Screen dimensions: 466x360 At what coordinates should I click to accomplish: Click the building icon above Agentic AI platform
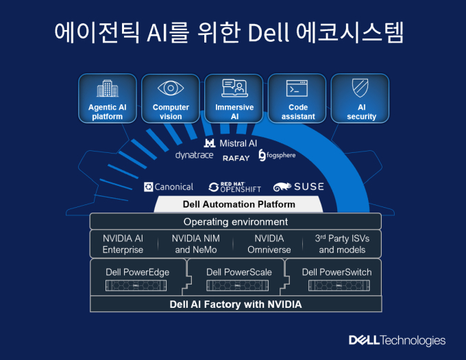point(108,88)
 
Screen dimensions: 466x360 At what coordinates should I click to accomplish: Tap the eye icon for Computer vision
point(171,88)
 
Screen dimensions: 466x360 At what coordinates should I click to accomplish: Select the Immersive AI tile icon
point(234,88)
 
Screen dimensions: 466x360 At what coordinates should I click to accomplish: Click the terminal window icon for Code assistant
point(297,88)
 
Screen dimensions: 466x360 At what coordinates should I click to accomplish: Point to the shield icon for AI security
point(360,88)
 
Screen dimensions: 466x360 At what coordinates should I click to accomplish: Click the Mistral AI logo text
point(230,143)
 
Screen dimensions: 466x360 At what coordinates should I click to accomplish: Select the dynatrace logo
point(195,155)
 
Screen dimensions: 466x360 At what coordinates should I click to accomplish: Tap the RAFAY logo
point(236,158)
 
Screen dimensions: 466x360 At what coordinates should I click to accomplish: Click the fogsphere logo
point(277,155)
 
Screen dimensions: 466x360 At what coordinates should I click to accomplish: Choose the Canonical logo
point(169,187)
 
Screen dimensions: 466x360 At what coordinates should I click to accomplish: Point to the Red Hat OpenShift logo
point(235,187)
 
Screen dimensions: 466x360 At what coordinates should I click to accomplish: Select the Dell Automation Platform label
point(239,204)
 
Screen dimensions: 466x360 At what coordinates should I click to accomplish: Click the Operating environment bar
point(236,221)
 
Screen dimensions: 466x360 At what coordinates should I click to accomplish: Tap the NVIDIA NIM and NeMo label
point(196,244)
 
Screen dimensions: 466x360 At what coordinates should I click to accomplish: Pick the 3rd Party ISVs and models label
point(342,244)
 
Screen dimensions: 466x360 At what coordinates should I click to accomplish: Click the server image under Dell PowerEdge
point(136,285)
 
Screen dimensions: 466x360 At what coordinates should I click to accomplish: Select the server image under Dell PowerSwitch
point(339,285)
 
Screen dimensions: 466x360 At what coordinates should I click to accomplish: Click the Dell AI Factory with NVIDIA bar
point(236,304)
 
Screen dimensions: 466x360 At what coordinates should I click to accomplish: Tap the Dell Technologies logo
point(397,341)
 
